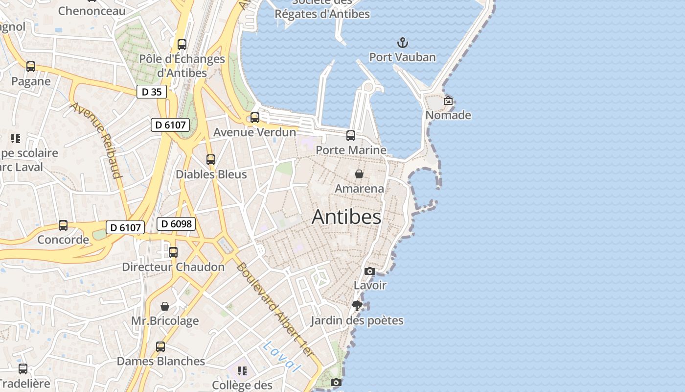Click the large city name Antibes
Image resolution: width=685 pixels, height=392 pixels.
click(x=346, y=217)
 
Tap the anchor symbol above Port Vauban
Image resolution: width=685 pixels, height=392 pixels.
click(x=402, y=43)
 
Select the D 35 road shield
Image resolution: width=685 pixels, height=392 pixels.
click(x=151, y=92)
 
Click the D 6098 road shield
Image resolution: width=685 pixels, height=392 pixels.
click(x=176, y=224)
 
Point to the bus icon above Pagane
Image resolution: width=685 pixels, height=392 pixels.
click(x=31, y=67)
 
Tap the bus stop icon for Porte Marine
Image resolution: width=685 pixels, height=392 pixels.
click(x=351, y=136)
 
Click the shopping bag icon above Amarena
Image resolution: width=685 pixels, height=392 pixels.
click(x=359, y=174)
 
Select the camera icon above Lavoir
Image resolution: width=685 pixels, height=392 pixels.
click(x=370, y=271)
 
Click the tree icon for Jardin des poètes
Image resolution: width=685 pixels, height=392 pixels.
click(x=357, y=306)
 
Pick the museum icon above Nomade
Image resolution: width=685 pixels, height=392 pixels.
click(x=448, y=100)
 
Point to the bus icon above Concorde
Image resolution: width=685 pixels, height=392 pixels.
click(x=63, y=225)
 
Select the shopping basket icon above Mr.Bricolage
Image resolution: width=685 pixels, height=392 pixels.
click(x=165, y=306)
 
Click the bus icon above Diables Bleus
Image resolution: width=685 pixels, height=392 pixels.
click(x=211, y=160)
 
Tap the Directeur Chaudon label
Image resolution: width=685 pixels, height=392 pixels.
click(x=173, y=267)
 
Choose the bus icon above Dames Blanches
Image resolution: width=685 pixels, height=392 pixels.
click(x=160, y=347)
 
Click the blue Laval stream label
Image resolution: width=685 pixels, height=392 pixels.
click(x=281, y=356)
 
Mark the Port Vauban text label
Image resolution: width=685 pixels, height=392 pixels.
click(x=402, y=57)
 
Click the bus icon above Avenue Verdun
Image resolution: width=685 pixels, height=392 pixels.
click(x=255, y=118)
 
